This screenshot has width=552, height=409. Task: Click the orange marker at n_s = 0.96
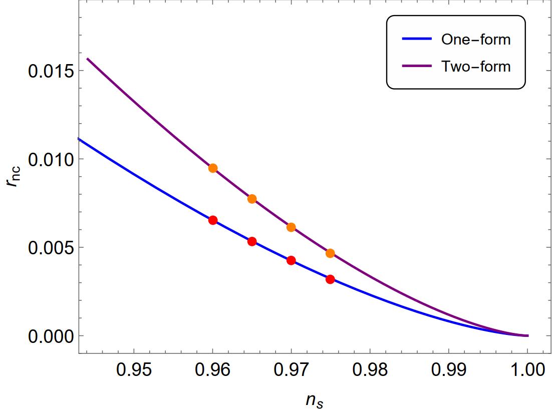213,168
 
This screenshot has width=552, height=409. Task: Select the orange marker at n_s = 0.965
252,199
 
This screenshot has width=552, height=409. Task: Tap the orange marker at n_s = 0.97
291,227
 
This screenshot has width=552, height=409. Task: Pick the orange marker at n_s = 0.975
330,253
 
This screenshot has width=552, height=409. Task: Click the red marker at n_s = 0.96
213,220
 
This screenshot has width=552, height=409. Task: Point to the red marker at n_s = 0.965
252,241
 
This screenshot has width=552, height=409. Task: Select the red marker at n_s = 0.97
291,260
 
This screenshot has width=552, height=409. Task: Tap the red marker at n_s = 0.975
330,279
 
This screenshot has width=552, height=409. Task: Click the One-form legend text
475,40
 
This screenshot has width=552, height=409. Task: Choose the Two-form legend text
475,66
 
